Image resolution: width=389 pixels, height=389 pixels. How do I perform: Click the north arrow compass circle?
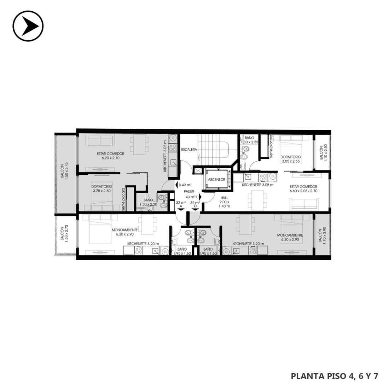28,26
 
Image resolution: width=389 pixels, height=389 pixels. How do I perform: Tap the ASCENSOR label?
216,180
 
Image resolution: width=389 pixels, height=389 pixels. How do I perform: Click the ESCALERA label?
189,150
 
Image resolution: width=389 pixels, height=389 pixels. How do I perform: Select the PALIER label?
189,191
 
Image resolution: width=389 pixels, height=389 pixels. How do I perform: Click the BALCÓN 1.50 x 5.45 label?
64,171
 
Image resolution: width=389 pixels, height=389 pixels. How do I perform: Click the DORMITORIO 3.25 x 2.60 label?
102,188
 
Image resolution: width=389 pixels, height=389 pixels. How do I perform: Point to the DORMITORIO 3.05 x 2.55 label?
291,159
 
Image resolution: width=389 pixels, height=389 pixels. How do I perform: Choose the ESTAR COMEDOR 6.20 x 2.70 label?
111,156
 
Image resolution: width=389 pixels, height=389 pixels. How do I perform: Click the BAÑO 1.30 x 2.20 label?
148,202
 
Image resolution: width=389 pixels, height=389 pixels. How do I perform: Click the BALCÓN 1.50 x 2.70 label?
64,234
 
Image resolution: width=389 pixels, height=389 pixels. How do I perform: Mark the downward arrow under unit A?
181,210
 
